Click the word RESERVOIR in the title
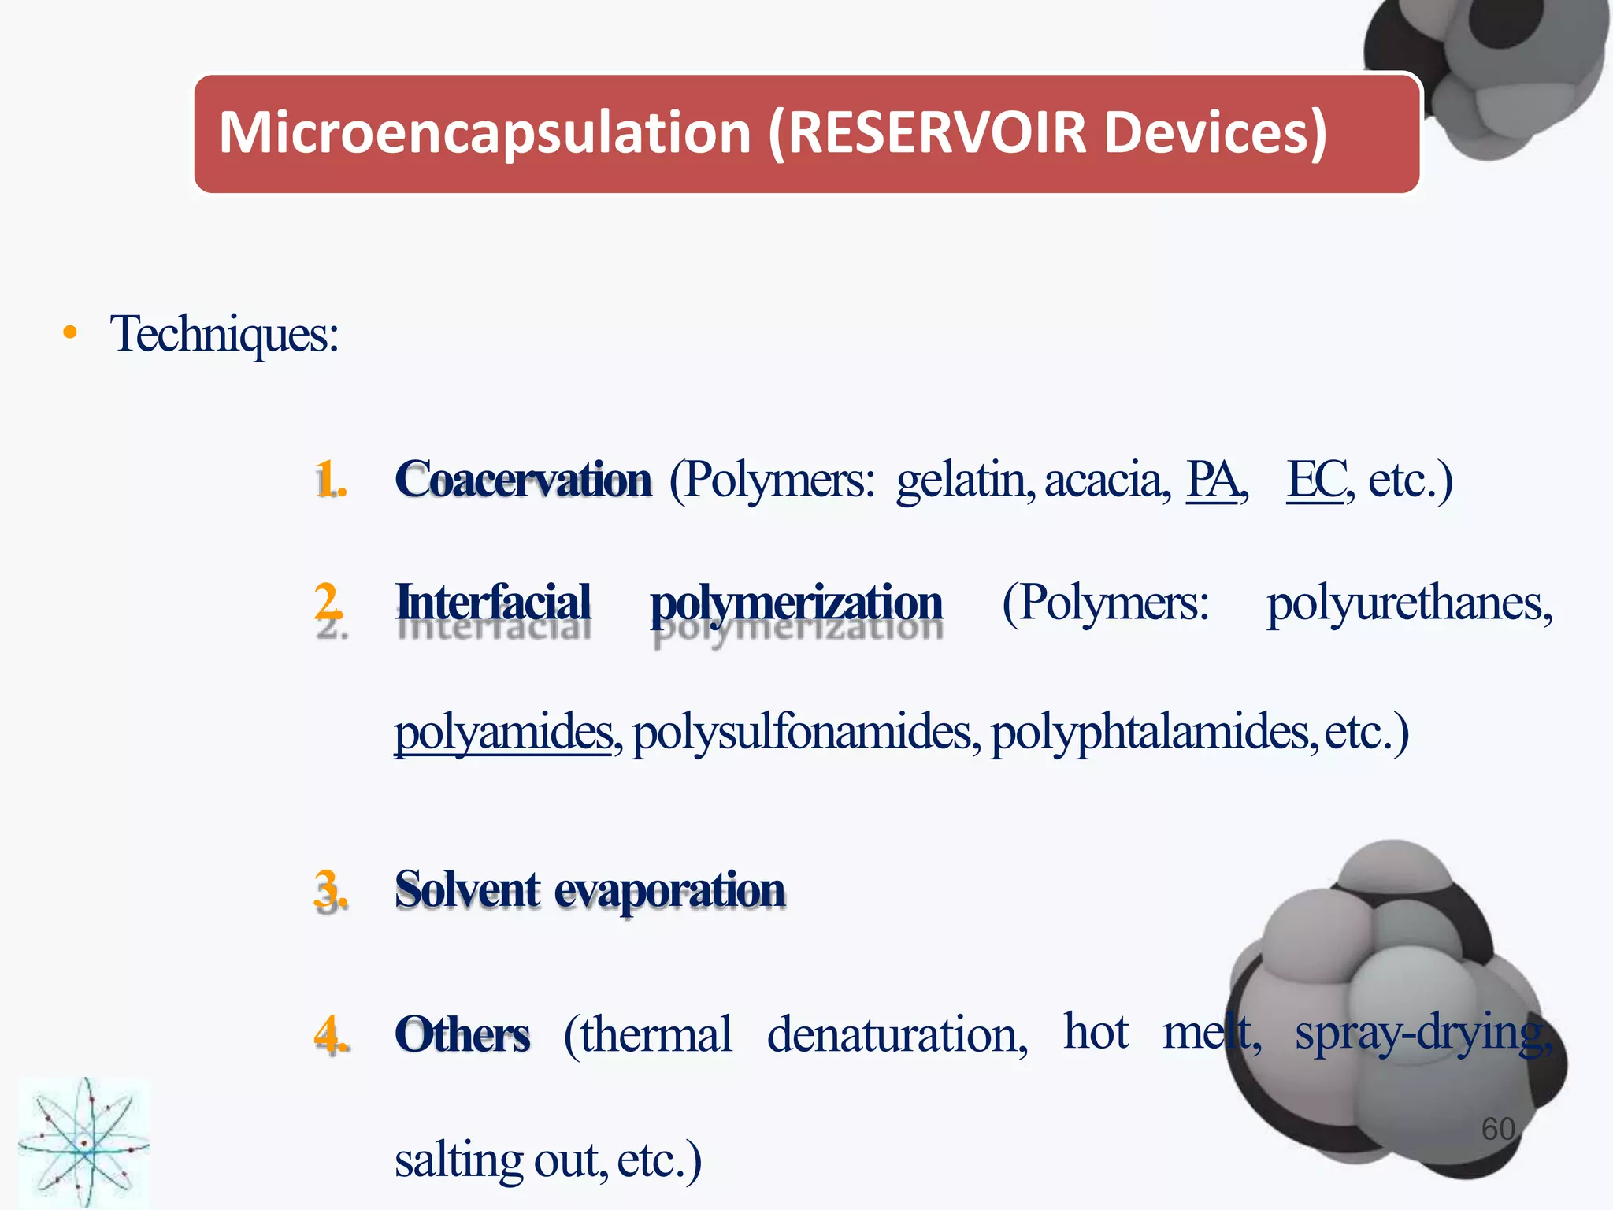937,132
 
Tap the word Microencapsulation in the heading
484,132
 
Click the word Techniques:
224,334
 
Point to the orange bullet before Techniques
70,332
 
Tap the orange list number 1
330,480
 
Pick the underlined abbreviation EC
1315,479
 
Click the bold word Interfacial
494,603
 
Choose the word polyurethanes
1408,604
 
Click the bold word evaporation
669,891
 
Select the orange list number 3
330,890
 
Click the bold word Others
462,1034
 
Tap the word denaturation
897,1034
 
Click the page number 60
1497,1129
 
